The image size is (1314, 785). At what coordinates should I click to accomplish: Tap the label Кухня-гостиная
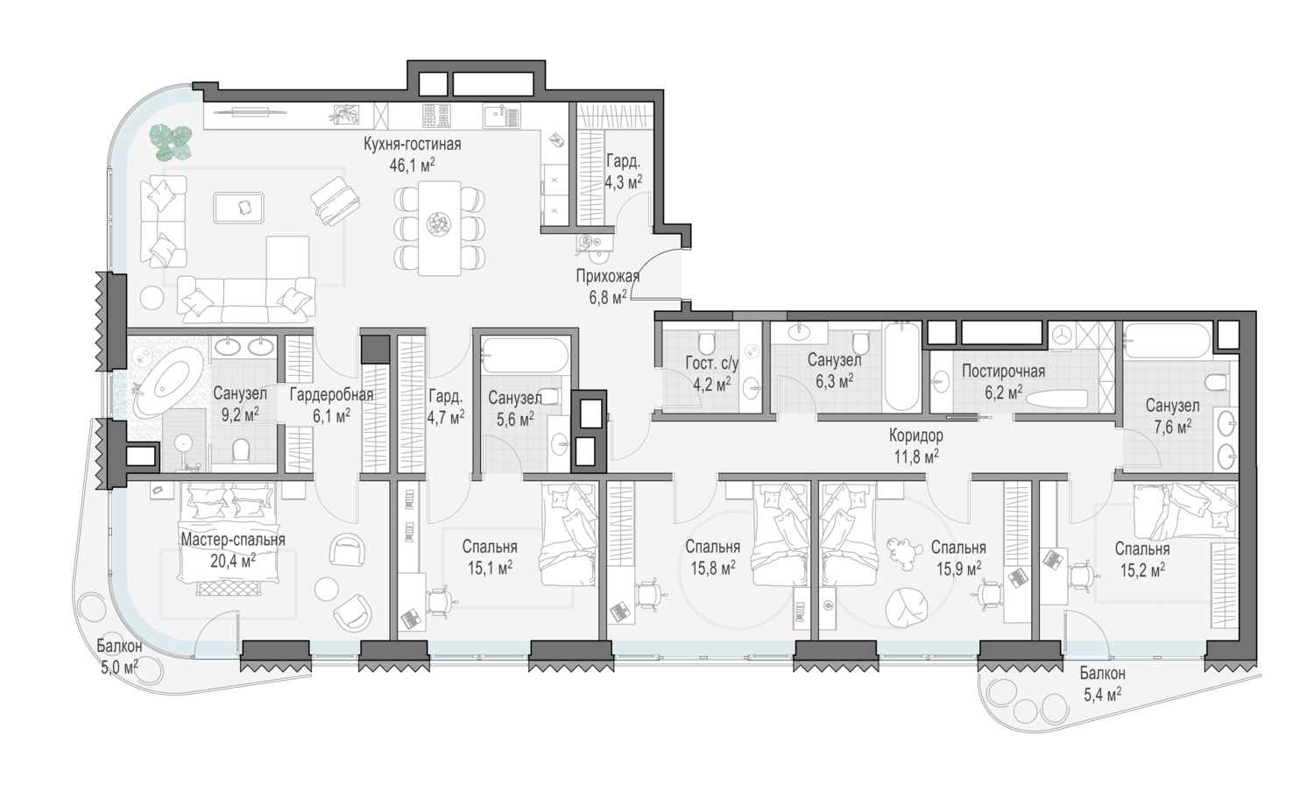[x=412, y=144]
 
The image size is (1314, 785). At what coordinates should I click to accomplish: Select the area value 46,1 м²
[x=412, y=165]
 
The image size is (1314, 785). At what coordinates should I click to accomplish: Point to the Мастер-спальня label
[x=233, y=539]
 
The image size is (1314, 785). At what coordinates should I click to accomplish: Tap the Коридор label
[x=915, y=435]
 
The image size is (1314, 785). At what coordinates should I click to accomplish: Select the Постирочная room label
[x=1003, y=371]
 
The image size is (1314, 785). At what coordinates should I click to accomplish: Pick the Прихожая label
[x=607, y=276]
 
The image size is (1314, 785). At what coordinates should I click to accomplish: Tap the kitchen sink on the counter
[x=502, y=116]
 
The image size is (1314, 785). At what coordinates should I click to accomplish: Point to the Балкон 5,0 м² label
[x=119, y=657]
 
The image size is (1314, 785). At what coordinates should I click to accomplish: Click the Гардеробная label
[x=331, y=395]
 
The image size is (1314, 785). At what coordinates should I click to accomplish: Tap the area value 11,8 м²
[x=916, y=456]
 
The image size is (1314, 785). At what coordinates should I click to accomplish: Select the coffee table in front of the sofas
[x=239, y=208]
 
